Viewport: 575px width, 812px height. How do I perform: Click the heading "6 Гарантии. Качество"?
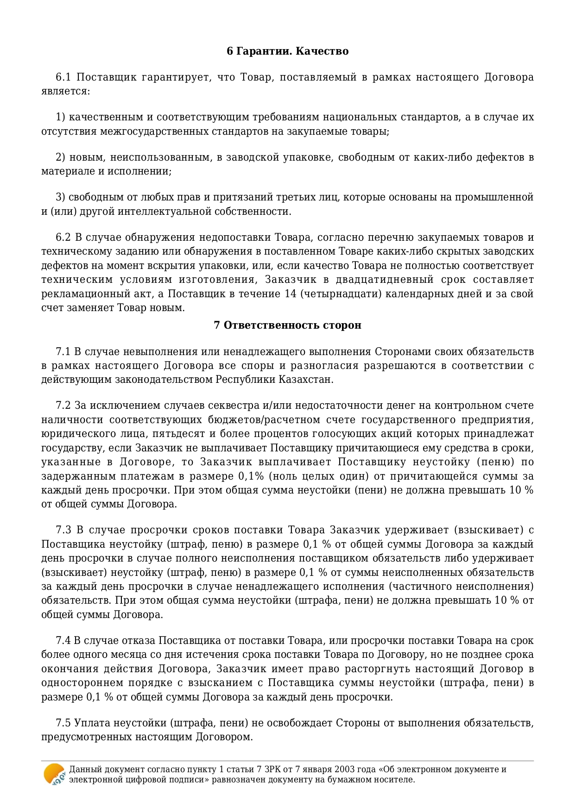pos(287,51)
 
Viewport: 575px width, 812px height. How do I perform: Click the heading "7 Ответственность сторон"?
pos(287,325)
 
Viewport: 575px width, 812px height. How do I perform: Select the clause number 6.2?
pos(63,237)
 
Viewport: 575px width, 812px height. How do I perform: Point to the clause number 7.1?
pos(63,352)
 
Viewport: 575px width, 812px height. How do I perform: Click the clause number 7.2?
pos(63,406)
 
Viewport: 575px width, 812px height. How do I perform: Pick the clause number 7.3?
pos(63,530)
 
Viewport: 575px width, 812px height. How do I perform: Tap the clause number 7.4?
pos(63,641)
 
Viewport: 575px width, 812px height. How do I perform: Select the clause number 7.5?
pos(63,723)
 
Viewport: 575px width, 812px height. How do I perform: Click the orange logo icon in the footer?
pos(54,774)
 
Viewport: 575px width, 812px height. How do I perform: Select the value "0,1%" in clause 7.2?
pos(251,476)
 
